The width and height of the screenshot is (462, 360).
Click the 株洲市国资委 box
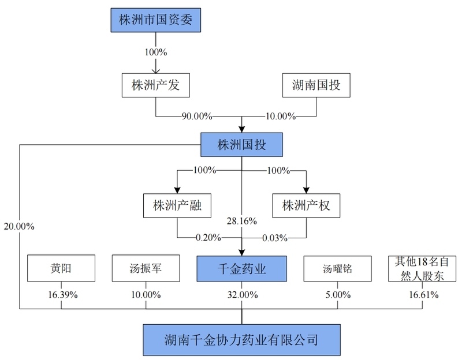(x=155, y=20)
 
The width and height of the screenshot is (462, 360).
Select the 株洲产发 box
(x=155, y=85)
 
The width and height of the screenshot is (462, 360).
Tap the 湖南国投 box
(x=316, y=85)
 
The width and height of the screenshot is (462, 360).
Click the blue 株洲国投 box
(x=241, y=145)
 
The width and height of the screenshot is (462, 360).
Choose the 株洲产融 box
(x=177, y=206)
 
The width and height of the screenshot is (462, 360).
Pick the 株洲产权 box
(x=306, y=206)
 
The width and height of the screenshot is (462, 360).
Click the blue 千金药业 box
(x=241, y=269)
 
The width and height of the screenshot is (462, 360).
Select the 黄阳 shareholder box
(x=61, y=268)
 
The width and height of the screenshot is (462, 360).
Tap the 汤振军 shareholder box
(x=146, y=268)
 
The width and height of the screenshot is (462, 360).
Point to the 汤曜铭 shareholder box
(x=338, y=269)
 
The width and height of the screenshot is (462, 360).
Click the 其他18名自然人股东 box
(x=422, y=269)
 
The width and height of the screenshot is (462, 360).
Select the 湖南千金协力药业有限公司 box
(x=241, y=340)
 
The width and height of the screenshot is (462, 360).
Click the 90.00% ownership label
(x=197, y=117)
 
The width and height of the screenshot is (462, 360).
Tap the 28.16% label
(x=241, y=221)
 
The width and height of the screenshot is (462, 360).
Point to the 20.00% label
(x=19, y=226)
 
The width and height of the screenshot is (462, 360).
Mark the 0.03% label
(x=275, y=238)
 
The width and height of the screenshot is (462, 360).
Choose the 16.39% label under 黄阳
(x=63, y=295)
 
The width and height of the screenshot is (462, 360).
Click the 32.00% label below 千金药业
(x=243, y=295)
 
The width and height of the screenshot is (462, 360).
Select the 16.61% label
(x=424, y=295)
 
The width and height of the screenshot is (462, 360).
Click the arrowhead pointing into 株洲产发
(x=155, y=70)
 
